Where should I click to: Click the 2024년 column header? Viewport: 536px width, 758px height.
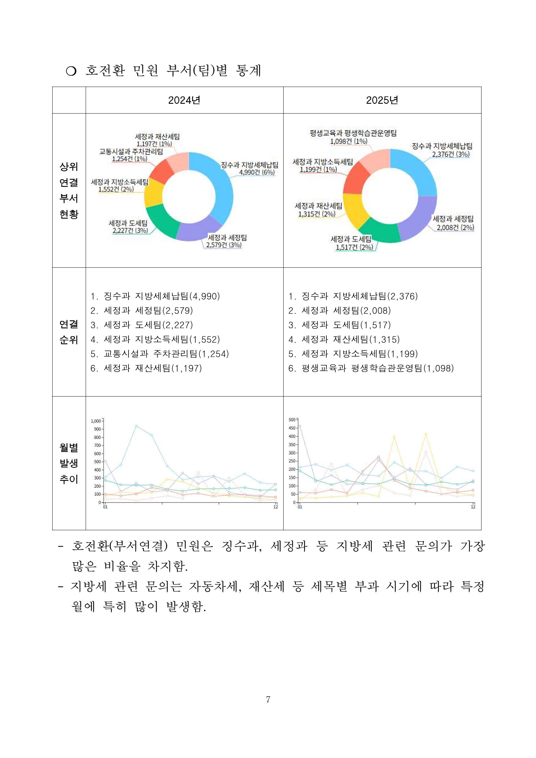point(184,100)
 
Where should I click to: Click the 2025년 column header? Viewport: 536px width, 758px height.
point(382,100)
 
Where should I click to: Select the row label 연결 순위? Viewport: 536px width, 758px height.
point(69,332)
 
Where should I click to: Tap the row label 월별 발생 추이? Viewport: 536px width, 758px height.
point(69,463)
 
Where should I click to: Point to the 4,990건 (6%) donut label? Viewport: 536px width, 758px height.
point(257,172)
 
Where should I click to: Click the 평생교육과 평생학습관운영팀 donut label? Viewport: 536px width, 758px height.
point(353,133)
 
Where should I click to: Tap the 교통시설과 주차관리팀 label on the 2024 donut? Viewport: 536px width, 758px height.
point(131,152)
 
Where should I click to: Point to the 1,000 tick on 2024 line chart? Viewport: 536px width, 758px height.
point(96,421)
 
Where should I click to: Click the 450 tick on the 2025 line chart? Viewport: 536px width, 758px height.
point(292,428)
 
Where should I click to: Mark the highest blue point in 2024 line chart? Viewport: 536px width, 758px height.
point(136,426)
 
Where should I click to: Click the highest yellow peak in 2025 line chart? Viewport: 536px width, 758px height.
point(426,434)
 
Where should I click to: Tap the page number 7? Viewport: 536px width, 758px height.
point(268,699)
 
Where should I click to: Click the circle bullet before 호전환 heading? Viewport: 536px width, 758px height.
point(71,71)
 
